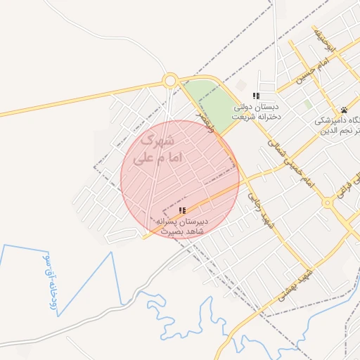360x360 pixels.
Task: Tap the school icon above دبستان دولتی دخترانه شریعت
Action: (257, 96)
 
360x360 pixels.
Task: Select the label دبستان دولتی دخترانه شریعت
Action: (256, 111)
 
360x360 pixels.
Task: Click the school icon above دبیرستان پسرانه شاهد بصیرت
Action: (182, 210)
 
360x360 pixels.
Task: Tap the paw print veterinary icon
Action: (345, 110)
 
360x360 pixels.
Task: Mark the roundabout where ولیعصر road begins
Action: (169, 81)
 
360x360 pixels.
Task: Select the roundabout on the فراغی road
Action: (328, 202)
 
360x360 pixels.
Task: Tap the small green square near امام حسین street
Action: (308, 104)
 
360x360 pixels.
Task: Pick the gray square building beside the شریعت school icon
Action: (240, 85)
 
